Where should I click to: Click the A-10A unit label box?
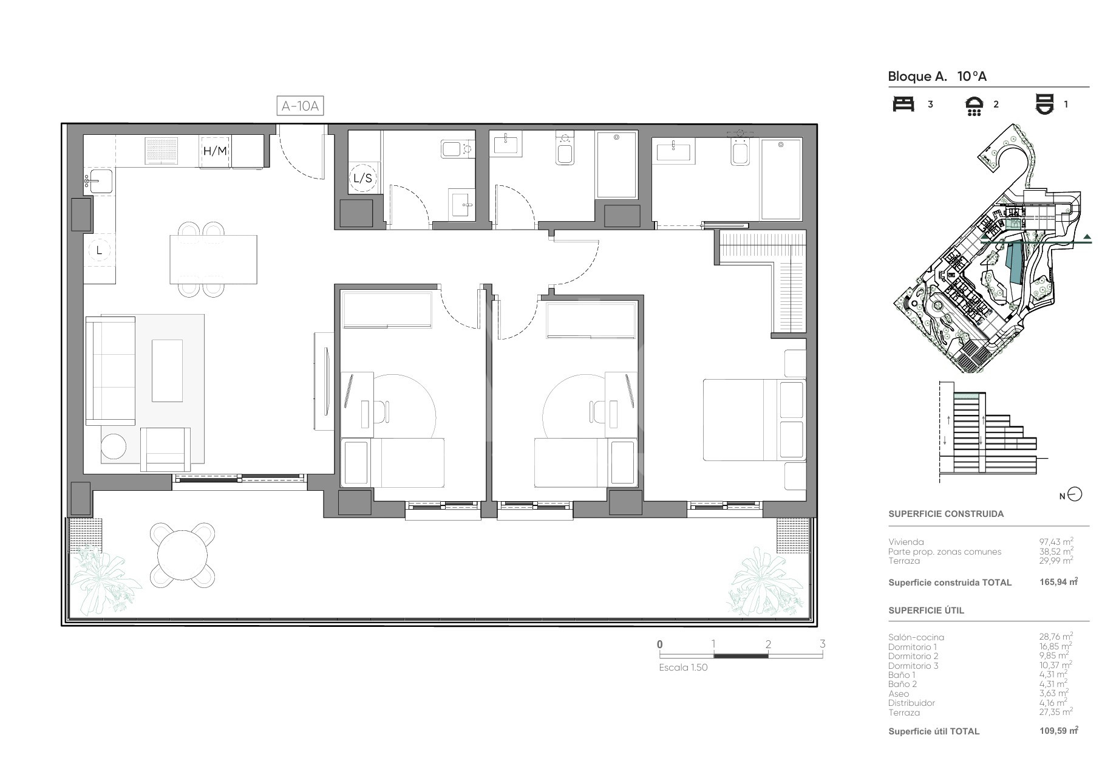300,106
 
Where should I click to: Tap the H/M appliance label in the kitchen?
215,151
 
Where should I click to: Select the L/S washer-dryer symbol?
362,178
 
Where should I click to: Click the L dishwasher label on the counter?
99,250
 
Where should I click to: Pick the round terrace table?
183,555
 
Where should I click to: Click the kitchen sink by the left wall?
98,180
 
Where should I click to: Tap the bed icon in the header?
903,104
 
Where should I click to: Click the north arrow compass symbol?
1074,495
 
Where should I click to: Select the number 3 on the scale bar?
822,644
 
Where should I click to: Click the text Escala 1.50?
683,667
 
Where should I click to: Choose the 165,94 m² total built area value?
1058,582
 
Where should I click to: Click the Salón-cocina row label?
916,637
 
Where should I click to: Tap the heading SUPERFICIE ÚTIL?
926,610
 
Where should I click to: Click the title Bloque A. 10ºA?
937,77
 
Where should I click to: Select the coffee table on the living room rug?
167,371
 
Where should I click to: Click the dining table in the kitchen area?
213,259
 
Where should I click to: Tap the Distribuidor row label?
911,703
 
